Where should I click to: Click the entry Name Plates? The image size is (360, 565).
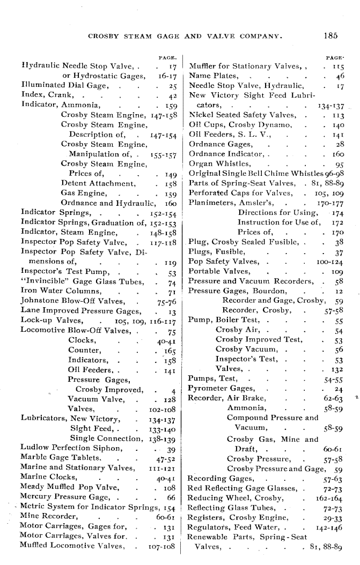pos(211,76)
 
